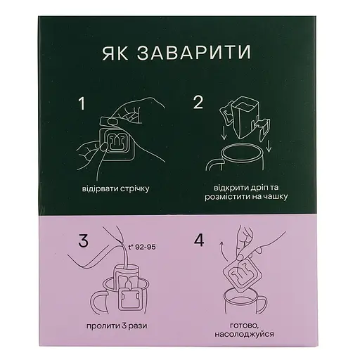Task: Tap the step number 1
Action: click(82, 103)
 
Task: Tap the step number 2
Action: click(198, 103)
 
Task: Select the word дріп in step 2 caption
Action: click(258, 188)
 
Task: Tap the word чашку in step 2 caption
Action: click(276, 197)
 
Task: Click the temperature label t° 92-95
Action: click(141, 247)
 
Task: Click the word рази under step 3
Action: click(138, 326)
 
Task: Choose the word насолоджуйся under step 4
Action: click(244, 334)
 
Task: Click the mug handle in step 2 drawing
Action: click(212, 162)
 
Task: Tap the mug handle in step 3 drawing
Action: click(96, 302)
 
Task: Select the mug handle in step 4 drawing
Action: click(262, 304)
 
